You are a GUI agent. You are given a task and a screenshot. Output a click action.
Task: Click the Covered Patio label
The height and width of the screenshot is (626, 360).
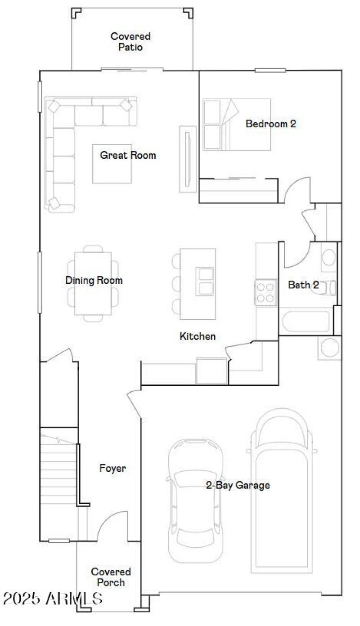(130, 41)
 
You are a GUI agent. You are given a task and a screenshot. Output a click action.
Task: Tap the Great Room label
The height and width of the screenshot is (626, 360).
(128, 156)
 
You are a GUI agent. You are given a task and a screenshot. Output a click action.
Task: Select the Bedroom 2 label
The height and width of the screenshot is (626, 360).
(270, 124)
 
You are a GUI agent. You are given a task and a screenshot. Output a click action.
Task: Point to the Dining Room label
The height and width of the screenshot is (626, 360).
(94, 281)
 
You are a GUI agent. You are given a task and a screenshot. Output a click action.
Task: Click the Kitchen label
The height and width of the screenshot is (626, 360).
(198, 336)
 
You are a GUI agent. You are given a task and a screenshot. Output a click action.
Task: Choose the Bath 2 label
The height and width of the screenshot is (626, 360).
(303, 285)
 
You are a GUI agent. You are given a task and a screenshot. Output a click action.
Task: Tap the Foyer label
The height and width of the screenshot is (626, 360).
(112, 469)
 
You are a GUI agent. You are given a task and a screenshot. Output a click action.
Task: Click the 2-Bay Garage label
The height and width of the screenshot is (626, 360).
(238, 485)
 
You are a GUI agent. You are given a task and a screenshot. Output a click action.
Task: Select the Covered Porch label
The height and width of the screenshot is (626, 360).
(111, 577)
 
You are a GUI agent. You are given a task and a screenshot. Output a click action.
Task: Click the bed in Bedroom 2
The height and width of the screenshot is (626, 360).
(237, 125)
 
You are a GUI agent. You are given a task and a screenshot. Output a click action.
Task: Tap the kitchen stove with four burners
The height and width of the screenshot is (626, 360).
(265, 292)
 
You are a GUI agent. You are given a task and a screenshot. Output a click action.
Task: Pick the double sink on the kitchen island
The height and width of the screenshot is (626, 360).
(205, 281)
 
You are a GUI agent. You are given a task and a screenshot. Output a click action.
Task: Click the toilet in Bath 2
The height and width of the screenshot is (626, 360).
(327, 288)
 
